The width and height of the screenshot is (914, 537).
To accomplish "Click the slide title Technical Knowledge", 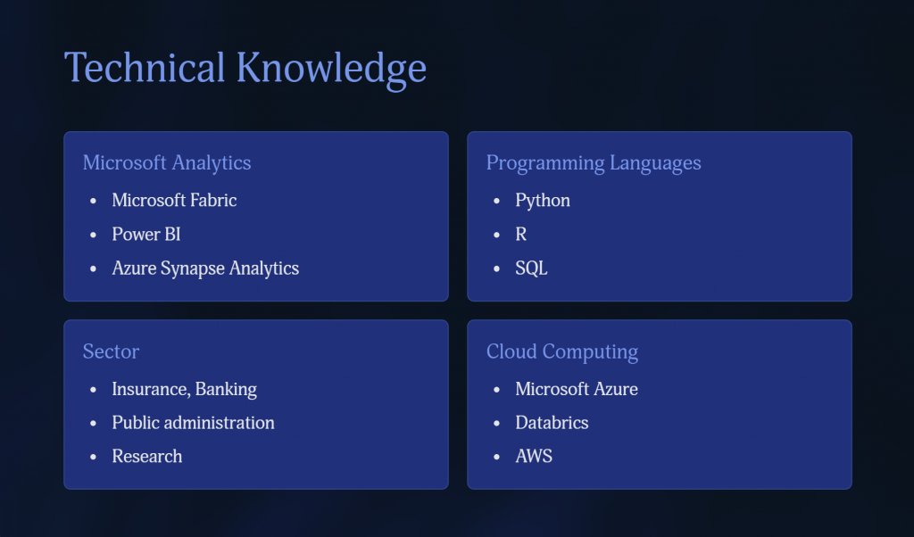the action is (245, 69).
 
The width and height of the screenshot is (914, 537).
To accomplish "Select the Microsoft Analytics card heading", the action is (167, 162).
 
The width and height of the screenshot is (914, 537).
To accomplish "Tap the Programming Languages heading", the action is (594, 163).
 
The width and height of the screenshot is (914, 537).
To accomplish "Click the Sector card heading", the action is (111, 351).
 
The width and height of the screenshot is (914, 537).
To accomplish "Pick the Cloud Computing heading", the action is (562, 351).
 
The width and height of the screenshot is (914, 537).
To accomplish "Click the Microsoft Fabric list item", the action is (174, 201).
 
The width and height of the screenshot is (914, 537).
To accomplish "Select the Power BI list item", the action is (146, 234).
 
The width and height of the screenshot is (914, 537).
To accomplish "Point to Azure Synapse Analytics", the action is (205, 268).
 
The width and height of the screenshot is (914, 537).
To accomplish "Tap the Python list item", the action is (543, 201).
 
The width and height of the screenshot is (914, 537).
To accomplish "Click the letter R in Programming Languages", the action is (521, 234).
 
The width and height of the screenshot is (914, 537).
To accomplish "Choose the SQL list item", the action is (531, 268).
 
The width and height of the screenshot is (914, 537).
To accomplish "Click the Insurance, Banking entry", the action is (184, 389).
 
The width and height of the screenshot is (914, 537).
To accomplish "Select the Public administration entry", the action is (193, 423).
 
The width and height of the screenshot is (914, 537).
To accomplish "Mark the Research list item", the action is (147, 456).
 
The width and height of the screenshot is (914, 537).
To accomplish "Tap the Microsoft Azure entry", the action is (577, 389).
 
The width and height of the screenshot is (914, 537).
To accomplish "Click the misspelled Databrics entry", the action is (552, 423).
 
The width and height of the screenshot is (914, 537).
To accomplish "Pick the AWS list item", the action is (534, 456).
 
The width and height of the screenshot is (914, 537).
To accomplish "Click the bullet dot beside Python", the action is (496, 202).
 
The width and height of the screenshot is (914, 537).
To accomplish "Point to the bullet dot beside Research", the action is (93, 458).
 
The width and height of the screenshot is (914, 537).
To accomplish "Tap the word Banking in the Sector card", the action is (226, 389).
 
